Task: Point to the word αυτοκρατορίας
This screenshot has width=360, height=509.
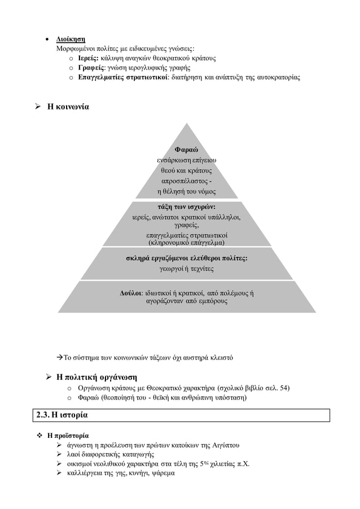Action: pos(275,77)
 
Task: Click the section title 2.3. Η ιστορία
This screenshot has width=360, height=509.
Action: pos(62,415)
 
